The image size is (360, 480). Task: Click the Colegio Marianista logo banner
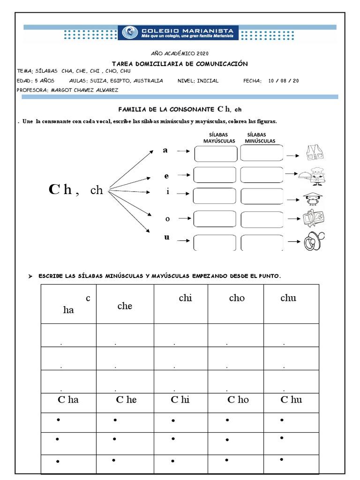click(x=180, y=33)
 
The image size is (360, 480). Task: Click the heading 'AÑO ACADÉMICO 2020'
click(x=180, y=54)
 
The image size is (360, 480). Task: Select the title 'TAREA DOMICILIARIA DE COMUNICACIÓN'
click(x=180, y=64)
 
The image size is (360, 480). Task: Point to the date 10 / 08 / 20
click(x=283, y=81)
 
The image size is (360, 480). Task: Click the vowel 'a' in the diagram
click(x=165, y=150)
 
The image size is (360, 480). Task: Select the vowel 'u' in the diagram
click(x=166, y=237)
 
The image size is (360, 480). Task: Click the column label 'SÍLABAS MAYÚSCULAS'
click(x=219, y=138)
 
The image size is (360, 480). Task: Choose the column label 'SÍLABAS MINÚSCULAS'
click(x=260, y=138)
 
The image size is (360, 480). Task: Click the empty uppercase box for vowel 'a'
click(x=216, y=153)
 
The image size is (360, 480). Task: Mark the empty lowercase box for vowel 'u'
click(x=262, y=243)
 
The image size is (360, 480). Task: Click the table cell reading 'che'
click(x=125, y=306)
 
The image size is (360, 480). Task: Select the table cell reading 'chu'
click(x=288, y=298)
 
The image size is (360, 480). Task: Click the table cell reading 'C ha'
click(x=68, y=400)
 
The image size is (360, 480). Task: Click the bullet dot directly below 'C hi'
click(x=173, y=420)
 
